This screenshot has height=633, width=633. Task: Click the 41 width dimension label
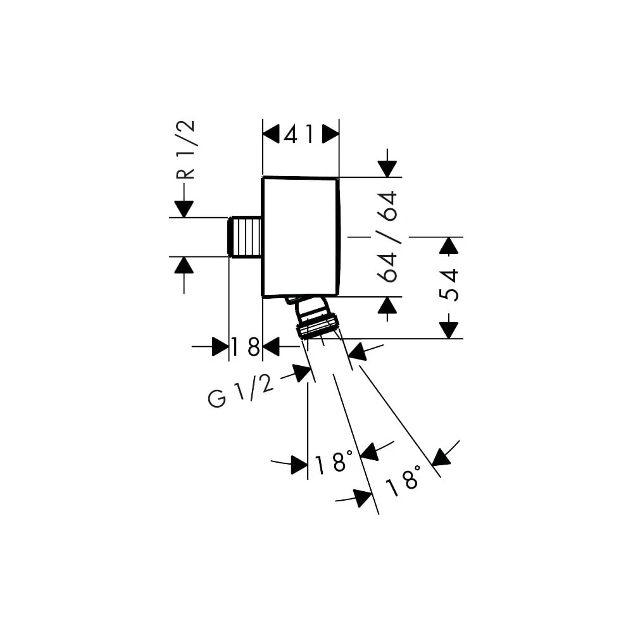tap(298, 134)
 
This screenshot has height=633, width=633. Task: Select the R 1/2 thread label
tap(185, 150)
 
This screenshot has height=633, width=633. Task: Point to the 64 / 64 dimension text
tap(387, 237)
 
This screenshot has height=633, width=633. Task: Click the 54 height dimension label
tap(449, 285)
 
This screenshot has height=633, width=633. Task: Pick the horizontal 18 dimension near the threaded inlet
tap(246, 347)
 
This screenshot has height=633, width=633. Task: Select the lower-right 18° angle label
tap(403, 480)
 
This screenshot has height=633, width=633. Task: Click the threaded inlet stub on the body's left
tap(246, 237)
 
